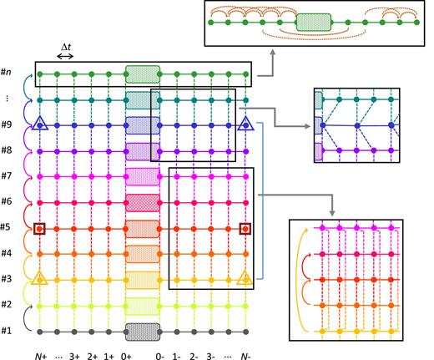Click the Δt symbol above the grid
pos(65,47)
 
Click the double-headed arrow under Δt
pos(65,57)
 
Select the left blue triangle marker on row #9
pos(39,125)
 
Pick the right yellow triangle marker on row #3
pos(245,278)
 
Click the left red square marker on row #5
pos(39,227)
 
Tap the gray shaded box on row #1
pos(142,330)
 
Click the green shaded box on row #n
pos(142,74)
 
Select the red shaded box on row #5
pos(142,227)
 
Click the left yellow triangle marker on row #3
pos(39,278)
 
